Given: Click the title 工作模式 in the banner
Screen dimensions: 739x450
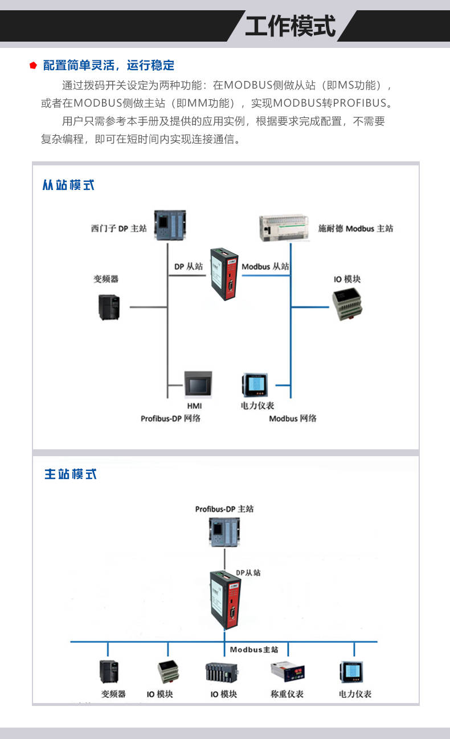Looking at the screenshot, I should [291, 26].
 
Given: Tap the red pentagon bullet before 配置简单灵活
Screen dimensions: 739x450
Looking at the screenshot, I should [33, 66].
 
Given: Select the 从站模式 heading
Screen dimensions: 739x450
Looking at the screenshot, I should [68, 185].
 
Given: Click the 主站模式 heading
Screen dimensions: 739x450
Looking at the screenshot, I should [71, 474].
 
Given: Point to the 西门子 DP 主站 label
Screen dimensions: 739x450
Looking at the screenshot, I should [118, 229].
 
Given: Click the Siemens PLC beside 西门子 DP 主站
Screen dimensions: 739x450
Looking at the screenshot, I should [170, 225].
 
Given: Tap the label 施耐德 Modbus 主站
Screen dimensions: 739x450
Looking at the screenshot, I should [355, 229].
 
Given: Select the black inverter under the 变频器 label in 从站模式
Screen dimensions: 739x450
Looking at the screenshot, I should [109, 307].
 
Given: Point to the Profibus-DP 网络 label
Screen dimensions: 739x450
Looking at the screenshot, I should [170, 419].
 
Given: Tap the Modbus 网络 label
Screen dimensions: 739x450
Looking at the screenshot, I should [292, 419].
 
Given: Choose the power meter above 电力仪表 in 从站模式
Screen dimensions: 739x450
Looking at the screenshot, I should [255, 385].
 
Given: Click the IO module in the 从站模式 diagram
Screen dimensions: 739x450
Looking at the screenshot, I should [347, 304].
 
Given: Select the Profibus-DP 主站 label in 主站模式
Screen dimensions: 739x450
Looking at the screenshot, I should [224, 509].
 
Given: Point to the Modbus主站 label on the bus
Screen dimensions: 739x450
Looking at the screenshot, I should [254, 649].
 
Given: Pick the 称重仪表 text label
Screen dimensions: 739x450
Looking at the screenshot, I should [287, 694].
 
